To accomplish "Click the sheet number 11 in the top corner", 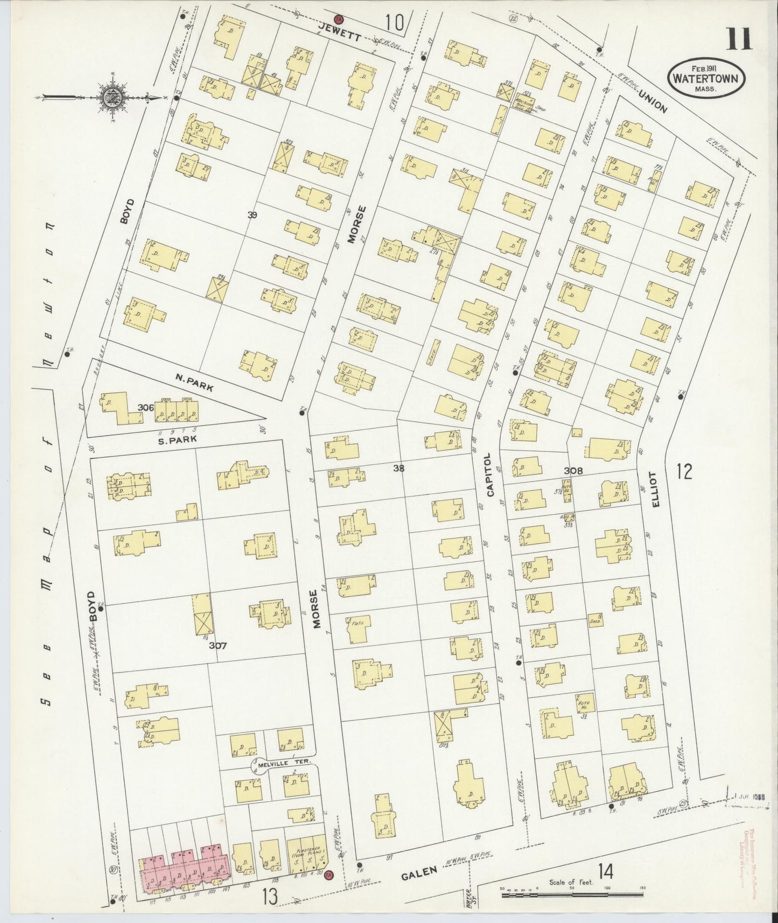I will (x=740, y=39).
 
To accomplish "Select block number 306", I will (x=145, y=408).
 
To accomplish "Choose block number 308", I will (x=574, y=471).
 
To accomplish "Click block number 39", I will (x=252, y=215).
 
